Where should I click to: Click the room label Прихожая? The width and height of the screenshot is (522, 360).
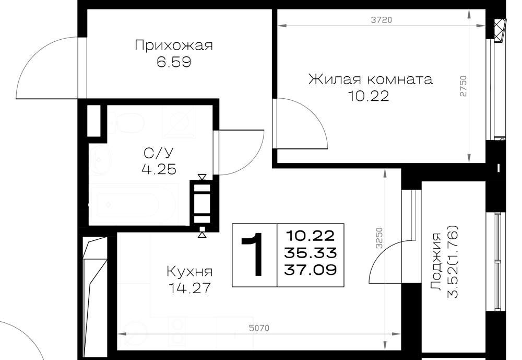[x=173, y=45]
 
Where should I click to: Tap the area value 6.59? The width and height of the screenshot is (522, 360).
[x=174, y=62]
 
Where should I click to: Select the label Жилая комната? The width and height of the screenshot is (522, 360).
[x=371, y=79]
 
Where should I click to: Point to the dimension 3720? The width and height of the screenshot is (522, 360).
[x=382, y=20]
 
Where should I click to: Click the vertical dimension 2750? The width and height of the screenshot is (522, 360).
[x=463, y=86]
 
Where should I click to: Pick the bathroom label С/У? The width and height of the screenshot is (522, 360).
[x=159, y=153]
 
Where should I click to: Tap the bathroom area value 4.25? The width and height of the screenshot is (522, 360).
[x=159, y=169]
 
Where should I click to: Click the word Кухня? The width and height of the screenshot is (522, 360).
[x=189, y=272]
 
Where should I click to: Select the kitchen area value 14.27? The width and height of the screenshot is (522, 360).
[x=190, y=288]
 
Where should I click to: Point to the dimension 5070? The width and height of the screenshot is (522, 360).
[x=259, y=328]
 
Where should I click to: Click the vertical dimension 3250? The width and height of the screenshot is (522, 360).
[x=379, y=238]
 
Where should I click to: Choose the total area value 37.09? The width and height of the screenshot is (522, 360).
[x=310, y=270]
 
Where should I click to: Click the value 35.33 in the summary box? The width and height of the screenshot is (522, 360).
[x=310, y=253]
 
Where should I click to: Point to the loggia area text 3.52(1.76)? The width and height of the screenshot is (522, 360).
[x=453, y=262]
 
